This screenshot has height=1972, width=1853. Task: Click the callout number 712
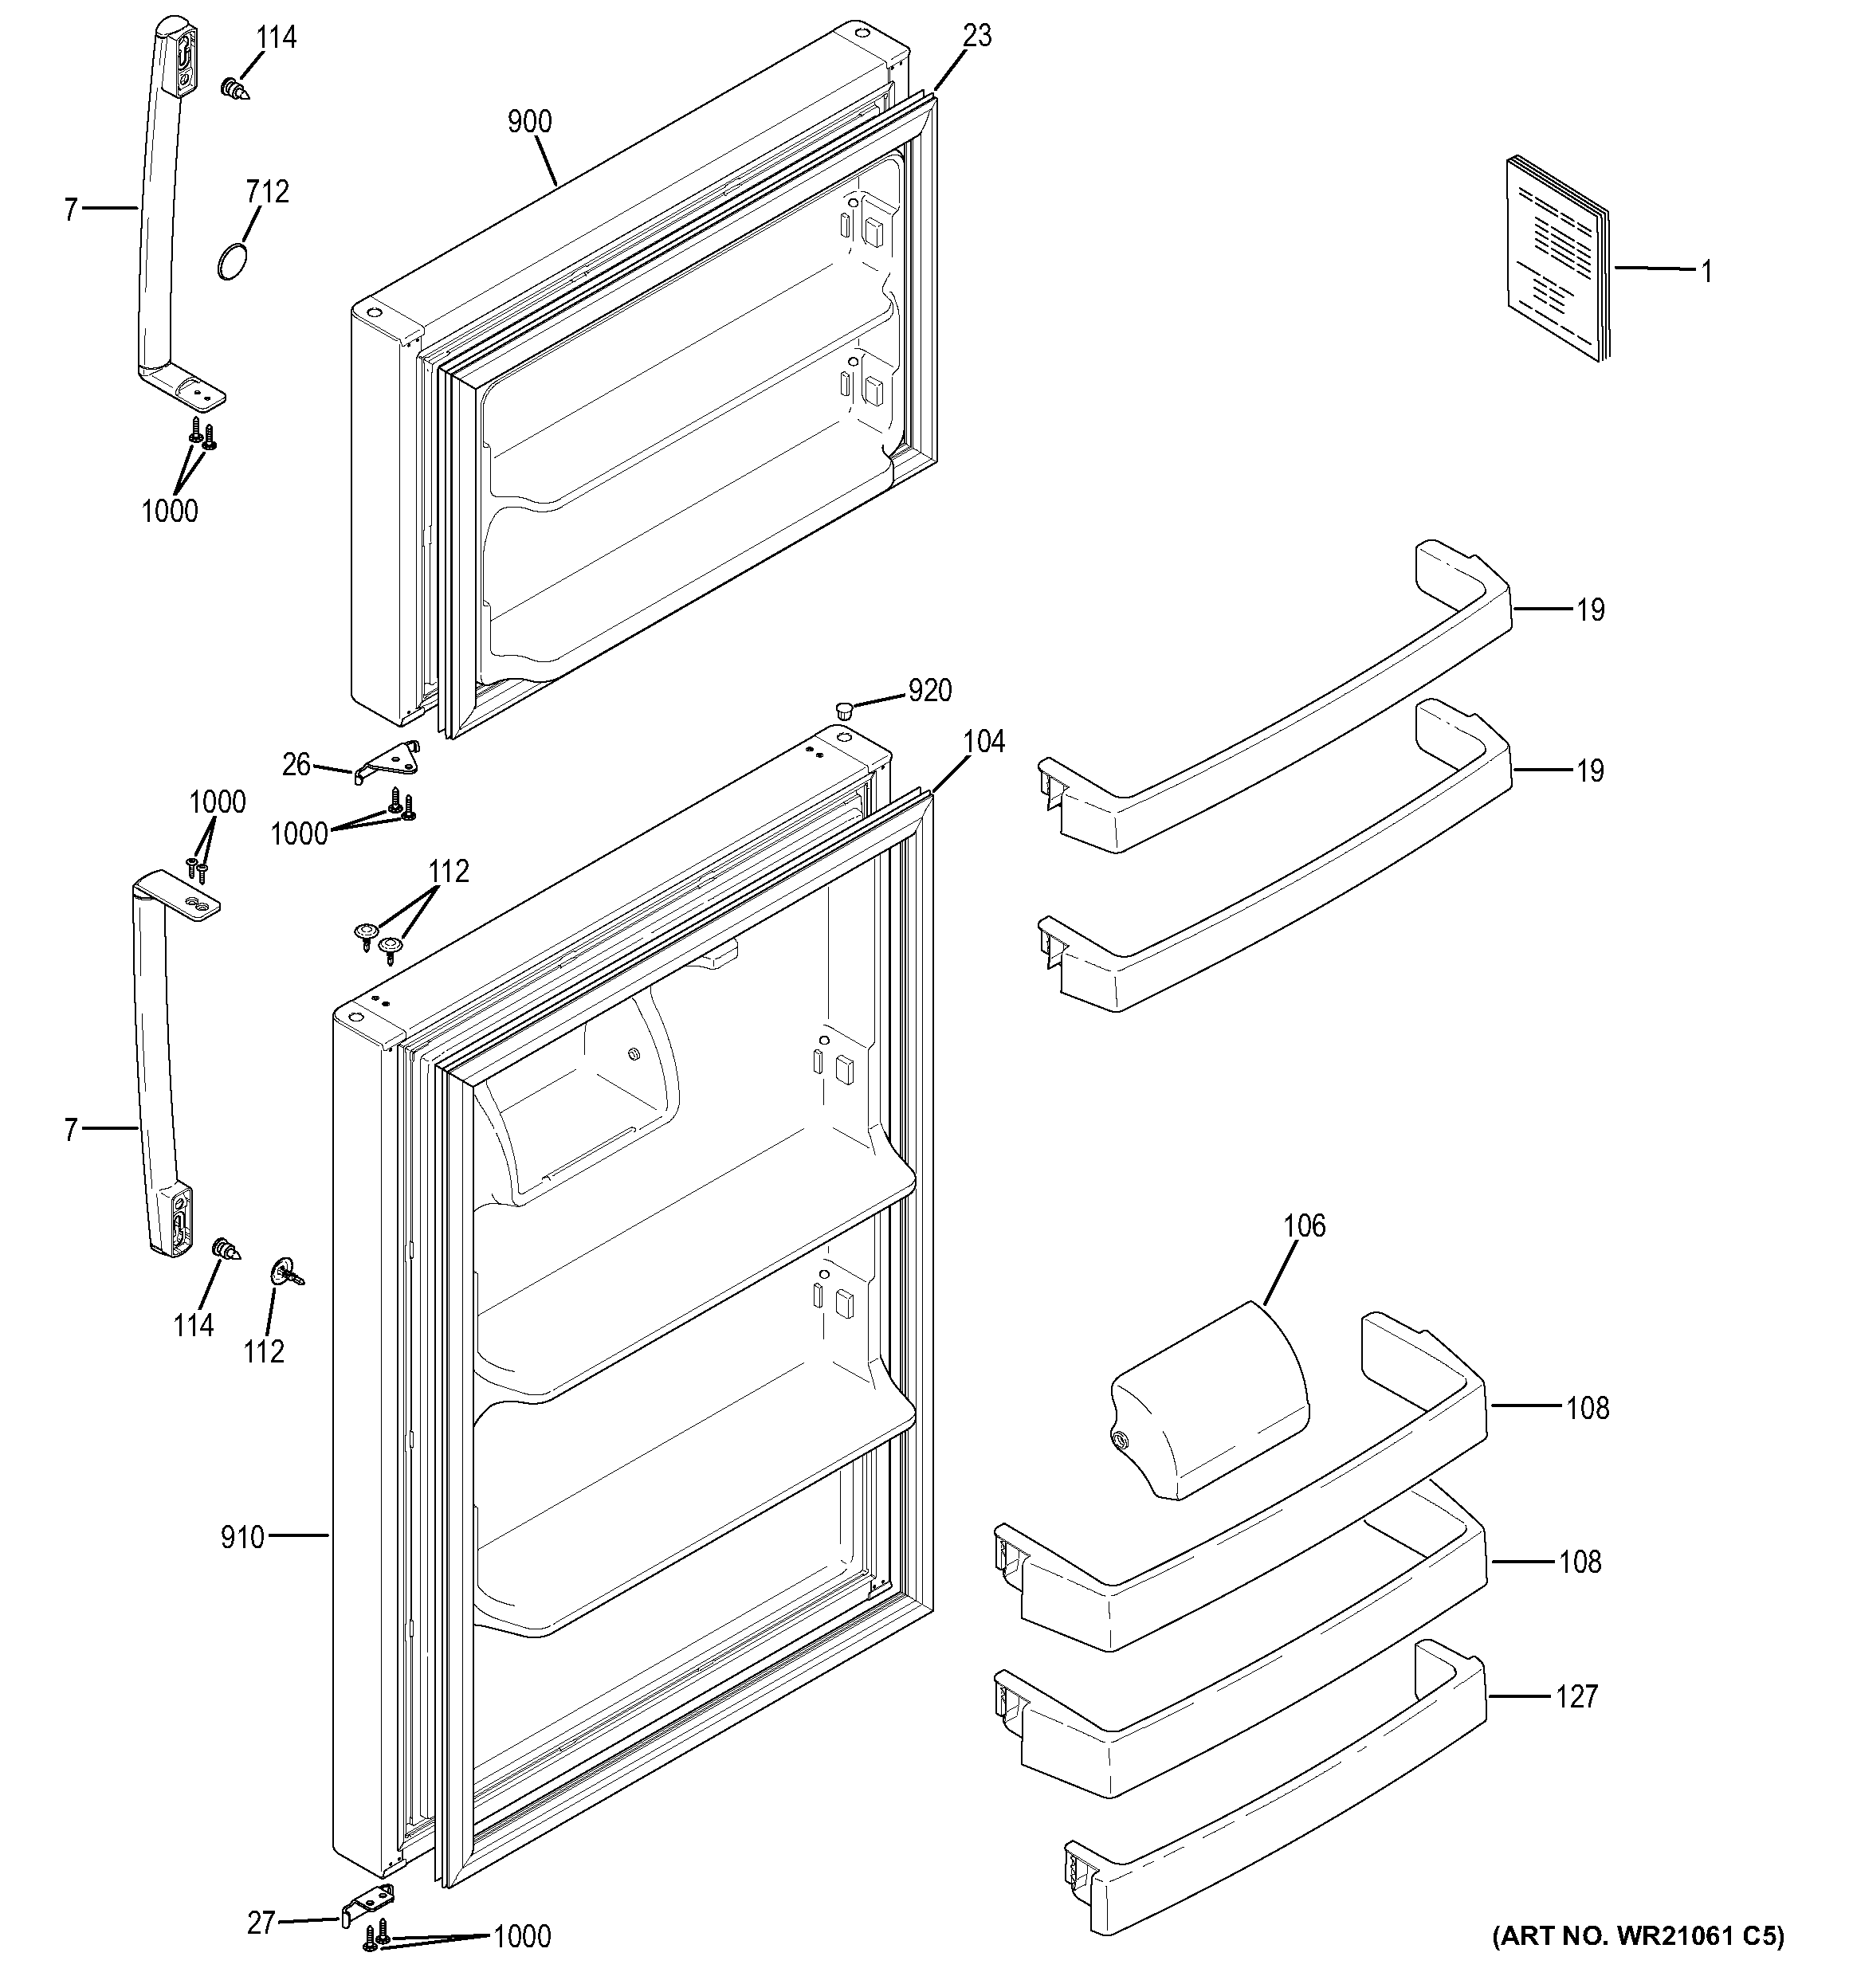pyautogui.click(x=268, y=191)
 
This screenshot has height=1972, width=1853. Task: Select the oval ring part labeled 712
pyautogui.click(x=230, y=263)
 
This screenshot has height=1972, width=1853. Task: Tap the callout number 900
pyautogui.click(x=530, y=122)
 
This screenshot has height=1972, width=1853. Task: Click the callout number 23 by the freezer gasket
pyautogui.click(x=977, y=36)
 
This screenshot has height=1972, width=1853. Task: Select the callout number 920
pyautogui.click(x=929, y=690)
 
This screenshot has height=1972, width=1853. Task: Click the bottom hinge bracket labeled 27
pyautogui.click(x=367, y=1904)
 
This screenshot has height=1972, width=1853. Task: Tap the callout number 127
pyautogui.click(x=1576, y=1697)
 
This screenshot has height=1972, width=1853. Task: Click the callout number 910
pyautogui.click(x=242, y=1538)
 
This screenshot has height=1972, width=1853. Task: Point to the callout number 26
pyautogui.click(x=296, y=765)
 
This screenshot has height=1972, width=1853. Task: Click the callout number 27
pyautogui.click(x=261, y=1923)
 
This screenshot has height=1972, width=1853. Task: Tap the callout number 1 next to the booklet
pyautogui.click(x=1706, y=271)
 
